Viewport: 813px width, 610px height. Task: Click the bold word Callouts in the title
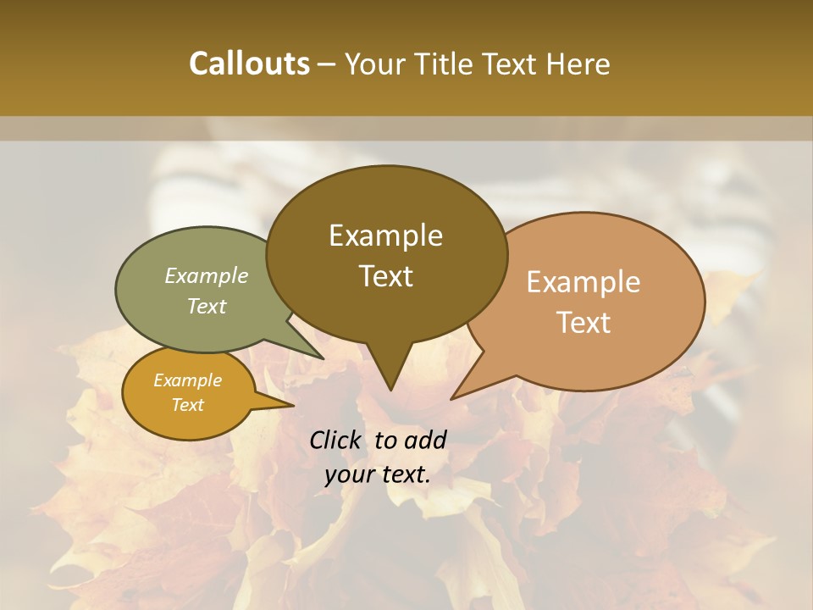(249, 64)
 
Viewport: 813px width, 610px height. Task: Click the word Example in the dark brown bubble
(385, 236)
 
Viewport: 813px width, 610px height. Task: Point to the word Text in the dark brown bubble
(385, 276)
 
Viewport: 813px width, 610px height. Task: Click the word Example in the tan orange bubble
(583, 282)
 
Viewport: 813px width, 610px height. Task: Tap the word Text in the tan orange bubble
(583, 323)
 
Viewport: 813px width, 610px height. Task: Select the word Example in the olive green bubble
(206, 275)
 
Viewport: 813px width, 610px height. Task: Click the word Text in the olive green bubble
(206, 306)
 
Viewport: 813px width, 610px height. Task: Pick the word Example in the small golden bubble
(187, 380)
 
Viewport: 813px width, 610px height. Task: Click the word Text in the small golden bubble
(187, 405)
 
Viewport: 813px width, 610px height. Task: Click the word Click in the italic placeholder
(336, 440)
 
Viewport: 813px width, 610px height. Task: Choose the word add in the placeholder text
(424, 440)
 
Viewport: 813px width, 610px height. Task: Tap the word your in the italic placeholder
(348, 474)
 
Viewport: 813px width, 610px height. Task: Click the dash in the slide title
(327, 64)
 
